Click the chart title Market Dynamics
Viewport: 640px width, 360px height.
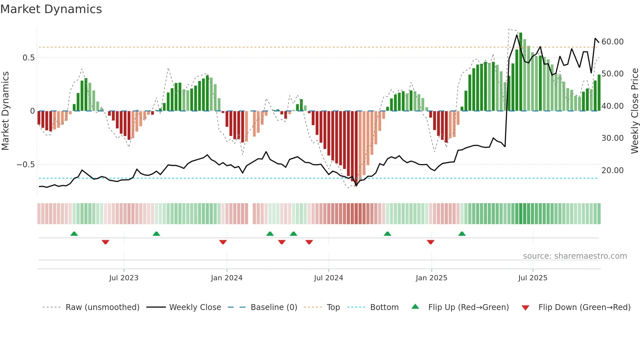click(x=51, y=9)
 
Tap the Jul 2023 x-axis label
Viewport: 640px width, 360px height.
click(x=124, y=278)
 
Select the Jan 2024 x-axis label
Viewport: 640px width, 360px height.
click(x=227, y=278)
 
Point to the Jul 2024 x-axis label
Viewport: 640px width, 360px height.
click(x=328, y=278)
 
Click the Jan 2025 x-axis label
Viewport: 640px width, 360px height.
click(x=431, y=278)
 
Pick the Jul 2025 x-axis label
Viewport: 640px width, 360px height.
click(x=533, y=278)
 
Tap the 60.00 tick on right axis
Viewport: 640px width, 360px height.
click(x=613, y=42)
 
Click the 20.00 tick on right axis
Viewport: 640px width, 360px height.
click(x=613, y=171)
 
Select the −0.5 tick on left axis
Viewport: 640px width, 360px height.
click(x=26, y=165)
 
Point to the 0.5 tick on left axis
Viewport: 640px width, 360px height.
click(x=28, y=58)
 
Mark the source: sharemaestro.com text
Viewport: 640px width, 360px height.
click(x=575, y=256)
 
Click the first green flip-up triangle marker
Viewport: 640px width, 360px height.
click(x=74, y=234)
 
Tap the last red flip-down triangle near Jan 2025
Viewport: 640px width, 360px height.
click(x=430, y=242)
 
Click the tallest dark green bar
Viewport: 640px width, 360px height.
click(x=521, y=72)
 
